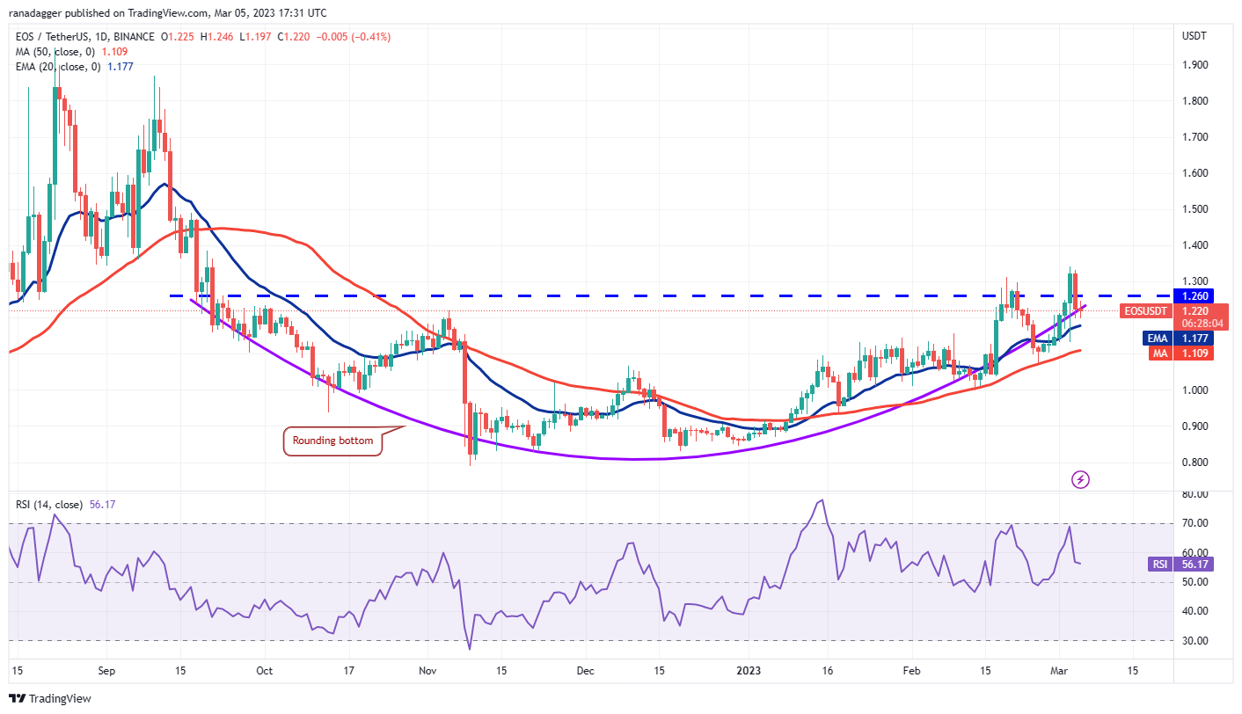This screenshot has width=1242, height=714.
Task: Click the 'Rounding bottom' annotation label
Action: (x=333, y=441)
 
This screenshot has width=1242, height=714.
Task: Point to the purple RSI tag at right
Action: (x=1160, y=565)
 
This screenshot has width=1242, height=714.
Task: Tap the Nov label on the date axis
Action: (x=427, y=670)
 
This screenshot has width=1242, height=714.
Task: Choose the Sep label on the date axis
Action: (x=106, y=670)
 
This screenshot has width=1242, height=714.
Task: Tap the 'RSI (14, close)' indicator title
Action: (x=49, y=505)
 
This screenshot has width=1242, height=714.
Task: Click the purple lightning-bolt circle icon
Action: (x=1081, y=479)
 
